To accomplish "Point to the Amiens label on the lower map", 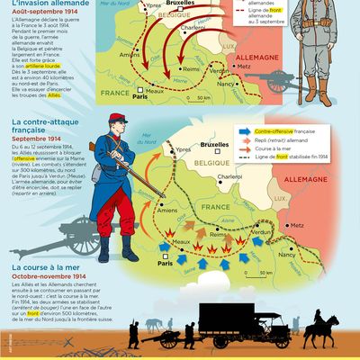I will pos(167,211).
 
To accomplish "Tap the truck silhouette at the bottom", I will pos(238,319).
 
